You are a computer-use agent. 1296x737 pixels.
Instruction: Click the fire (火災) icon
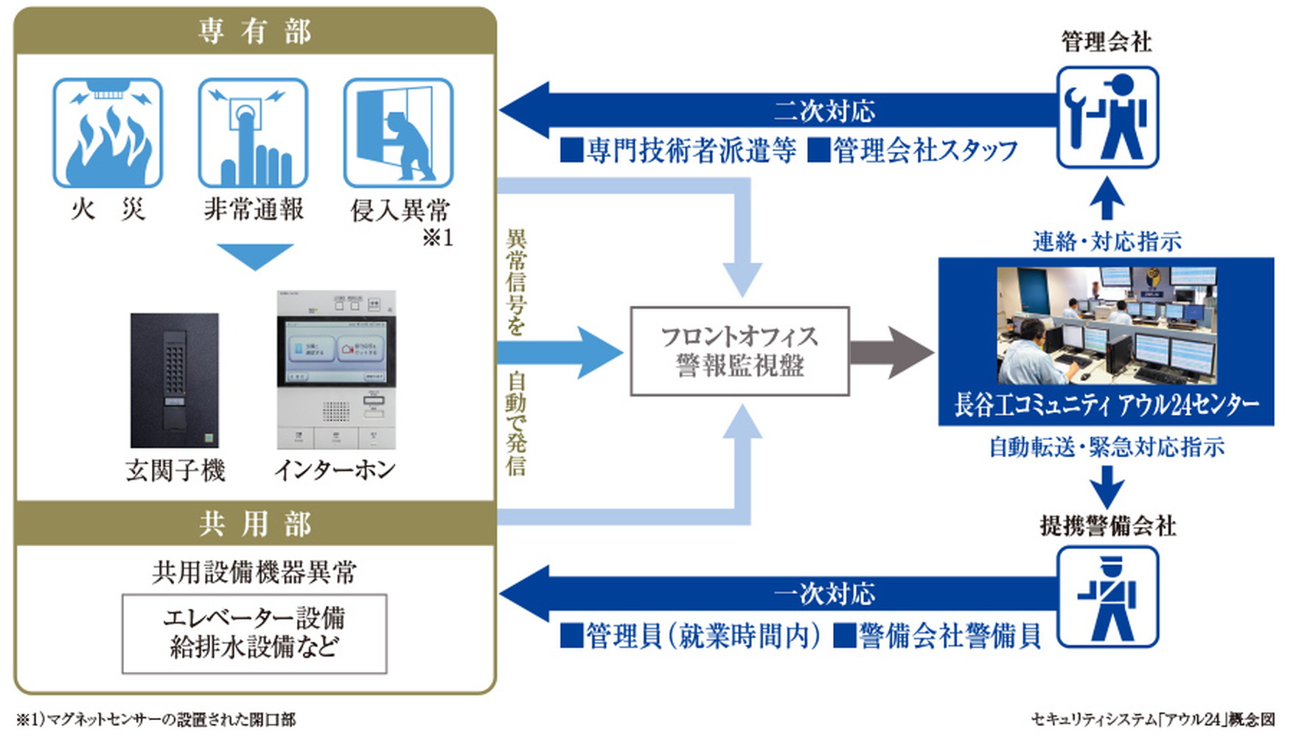pos(108,133)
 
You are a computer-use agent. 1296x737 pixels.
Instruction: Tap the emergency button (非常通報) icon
pos(253,133)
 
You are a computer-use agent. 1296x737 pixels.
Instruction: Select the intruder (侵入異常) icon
pos(398,133)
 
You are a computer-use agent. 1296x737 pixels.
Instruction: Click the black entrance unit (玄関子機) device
pos(175,380)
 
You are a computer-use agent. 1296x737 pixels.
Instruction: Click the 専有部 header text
pos(254,32)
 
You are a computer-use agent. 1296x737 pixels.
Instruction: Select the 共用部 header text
pos(254,524)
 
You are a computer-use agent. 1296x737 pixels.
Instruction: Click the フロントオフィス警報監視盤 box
pos(739,352)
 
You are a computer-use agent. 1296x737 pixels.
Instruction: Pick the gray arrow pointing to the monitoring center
pos(892,352)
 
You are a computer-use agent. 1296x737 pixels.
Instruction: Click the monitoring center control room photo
pos(1106,324)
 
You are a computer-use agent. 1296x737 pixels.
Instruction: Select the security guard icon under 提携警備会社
pos(1107,597)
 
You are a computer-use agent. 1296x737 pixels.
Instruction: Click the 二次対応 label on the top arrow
pos(824,111)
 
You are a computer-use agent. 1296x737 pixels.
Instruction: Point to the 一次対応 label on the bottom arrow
pos(824,593)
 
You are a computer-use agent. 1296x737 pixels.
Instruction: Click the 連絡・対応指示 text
pos(1107,241)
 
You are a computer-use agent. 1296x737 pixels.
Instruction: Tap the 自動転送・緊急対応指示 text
pos(1107,447)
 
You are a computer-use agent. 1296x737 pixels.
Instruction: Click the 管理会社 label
pos(1107,42)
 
